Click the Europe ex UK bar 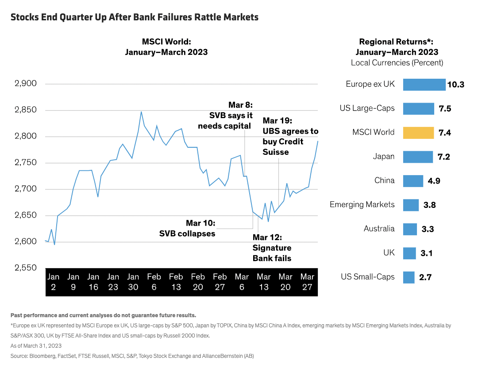coord(424,84)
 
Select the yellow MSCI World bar coord(418,133)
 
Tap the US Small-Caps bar coord(409,277)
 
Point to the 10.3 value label coord(455,84)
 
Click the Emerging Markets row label coord(362,204)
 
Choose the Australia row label coord(379,229)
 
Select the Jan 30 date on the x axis coord(133,282)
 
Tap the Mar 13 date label coord(264,282)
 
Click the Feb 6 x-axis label coord(154,282)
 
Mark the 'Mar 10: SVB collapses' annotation coord(187,228)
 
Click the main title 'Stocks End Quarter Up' coord(134,17)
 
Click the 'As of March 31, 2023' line coord(36,345)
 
